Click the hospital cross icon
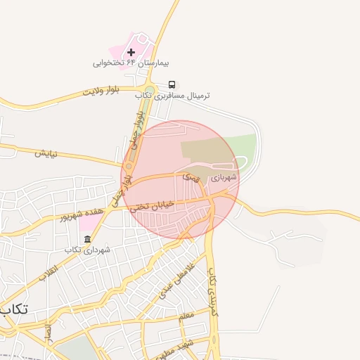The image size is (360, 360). coord(131,53)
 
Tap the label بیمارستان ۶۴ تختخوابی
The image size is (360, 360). coord(124,63)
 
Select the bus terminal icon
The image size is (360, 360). coord(172,84)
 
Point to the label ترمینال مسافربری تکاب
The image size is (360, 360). coord(182,95)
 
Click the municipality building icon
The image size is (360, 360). coord(87,240)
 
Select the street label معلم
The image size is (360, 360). coord(186,316)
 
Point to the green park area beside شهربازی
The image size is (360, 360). coord(243,146)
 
